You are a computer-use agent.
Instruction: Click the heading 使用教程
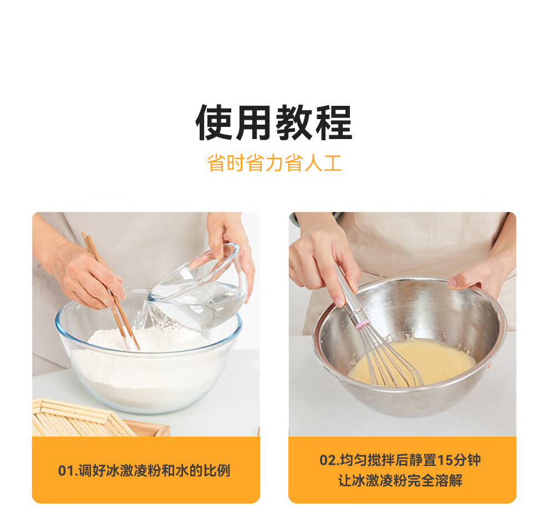pyautogui.click(x=274, y=123)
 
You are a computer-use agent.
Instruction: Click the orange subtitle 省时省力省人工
pyautogui.click(x=274, y=163)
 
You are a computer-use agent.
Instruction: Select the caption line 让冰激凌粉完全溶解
pyautogui.click(x=400, y=480)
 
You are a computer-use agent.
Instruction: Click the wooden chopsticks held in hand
pyautogui.click(x=110, y=290)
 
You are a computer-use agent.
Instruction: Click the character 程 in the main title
pyautogui.click(x=334, y=123)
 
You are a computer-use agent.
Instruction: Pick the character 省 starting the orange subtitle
pyautogui.click(x=216, y=163)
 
